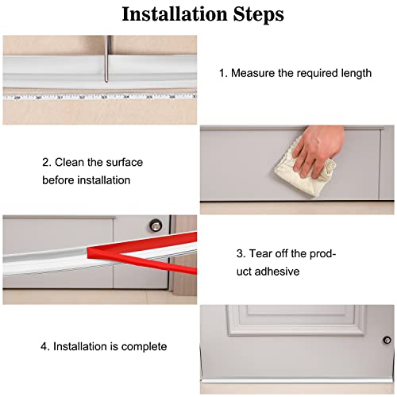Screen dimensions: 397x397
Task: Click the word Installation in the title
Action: click(175, 14)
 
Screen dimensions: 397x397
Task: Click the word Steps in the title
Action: click(259, 15)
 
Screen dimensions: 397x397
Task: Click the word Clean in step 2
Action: click(69, 162)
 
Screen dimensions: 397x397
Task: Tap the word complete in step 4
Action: click(144, 347)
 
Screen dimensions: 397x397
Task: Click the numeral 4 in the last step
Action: click(44, 347)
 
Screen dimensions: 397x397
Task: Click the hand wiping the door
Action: click(318, 151)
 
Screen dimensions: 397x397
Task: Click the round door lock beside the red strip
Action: click(156, 225)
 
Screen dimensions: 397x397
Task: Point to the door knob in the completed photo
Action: click(387, 340)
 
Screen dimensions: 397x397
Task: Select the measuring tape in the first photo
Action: click(100, 97)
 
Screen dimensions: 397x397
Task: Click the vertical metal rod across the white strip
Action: click(107, 59)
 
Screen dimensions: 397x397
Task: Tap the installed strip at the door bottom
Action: click(297, 380)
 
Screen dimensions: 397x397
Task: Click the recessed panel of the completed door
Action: click(296, 320)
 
